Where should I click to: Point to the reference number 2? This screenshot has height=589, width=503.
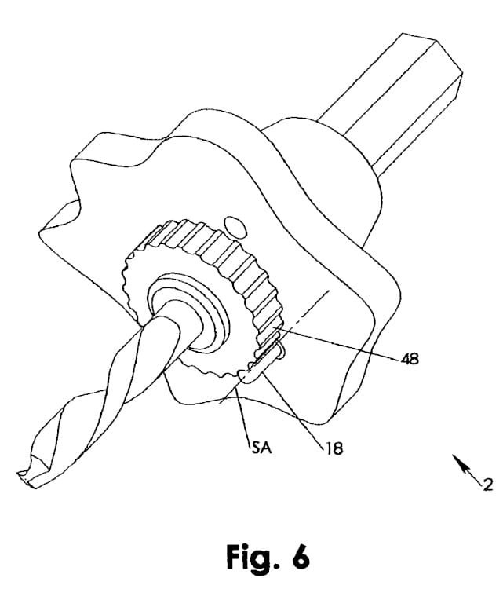pos(487,485)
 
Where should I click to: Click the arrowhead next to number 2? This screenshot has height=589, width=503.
pos(457,464)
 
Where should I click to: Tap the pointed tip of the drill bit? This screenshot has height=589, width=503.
pos(21,477)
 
